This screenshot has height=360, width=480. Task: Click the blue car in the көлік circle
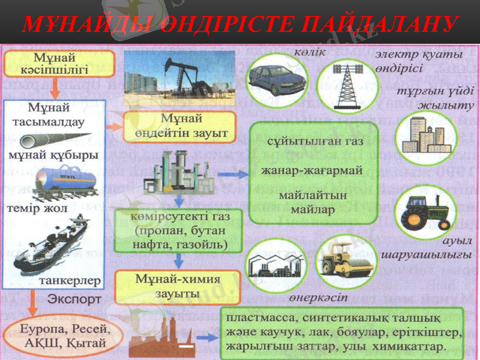pos(277,80)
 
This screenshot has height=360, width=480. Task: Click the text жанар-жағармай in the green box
pos(312,170)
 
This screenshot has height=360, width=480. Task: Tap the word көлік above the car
pos(310,52)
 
